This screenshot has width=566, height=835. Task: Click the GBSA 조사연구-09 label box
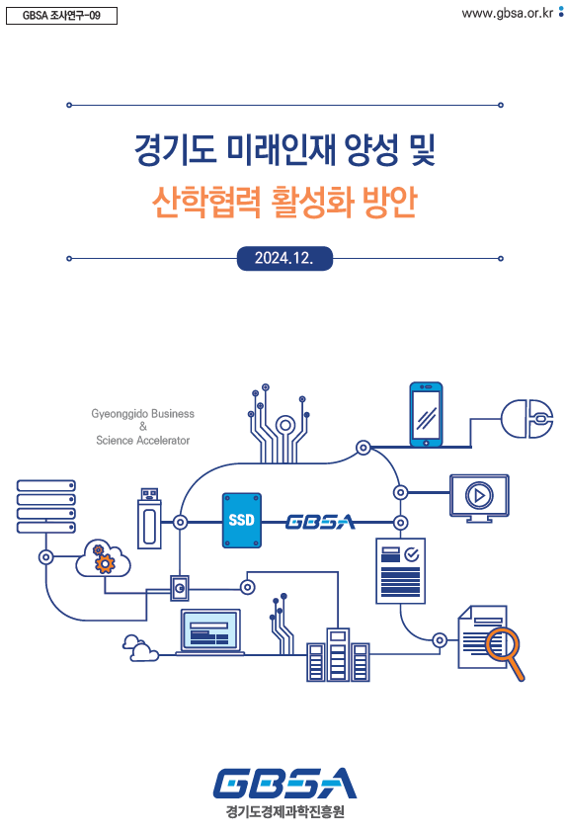[61, 16]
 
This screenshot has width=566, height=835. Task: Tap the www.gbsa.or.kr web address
[507, 13]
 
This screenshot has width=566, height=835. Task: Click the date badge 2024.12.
[284, 258]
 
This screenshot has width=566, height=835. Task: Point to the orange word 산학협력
[206, 202]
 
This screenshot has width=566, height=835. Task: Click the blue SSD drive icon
[242, 521]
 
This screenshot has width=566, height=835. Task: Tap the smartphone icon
[426, 414]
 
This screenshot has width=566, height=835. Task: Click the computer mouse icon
[527, 419]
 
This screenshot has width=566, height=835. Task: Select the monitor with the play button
[479, 498]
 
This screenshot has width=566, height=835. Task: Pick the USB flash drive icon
[149, 518]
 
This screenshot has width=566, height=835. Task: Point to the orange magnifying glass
[505, 652]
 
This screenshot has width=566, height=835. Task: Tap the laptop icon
[210, 632]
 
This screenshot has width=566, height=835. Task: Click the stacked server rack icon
[46, 506]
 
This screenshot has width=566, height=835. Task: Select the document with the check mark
[400, 571]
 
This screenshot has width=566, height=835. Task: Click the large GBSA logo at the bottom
[284, 783]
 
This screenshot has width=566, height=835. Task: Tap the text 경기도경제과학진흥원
[284, 811]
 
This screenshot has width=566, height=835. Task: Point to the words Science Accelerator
[142, 441]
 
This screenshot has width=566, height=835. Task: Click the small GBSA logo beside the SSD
[321, 522]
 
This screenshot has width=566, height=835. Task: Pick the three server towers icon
[338, 655]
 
